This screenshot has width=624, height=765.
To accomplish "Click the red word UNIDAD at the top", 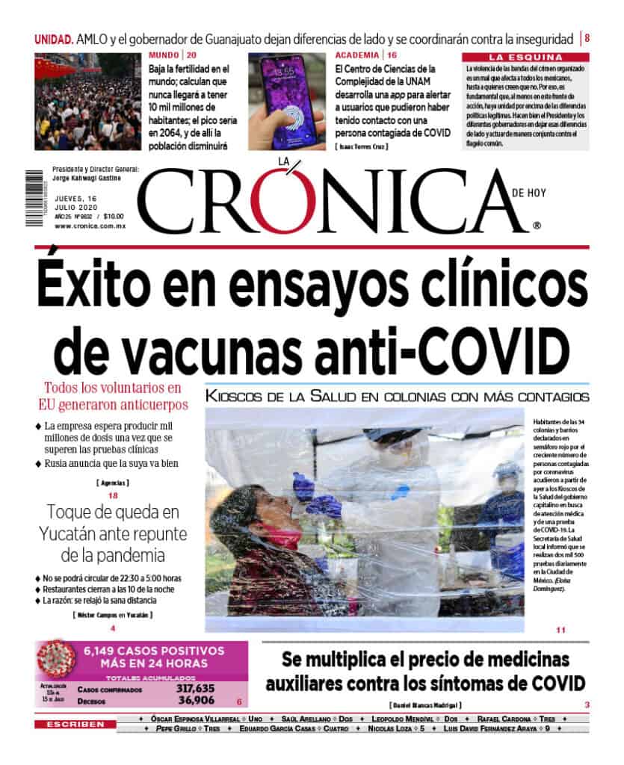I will coord(54,39).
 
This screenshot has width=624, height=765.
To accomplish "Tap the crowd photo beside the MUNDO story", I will coord(87,102).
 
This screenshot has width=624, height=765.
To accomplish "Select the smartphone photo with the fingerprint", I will coord(287,102).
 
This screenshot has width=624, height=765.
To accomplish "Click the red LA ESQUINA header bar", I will coord(525,57).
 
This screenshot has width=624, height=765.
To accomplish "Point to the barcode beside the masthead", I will coord(34,188).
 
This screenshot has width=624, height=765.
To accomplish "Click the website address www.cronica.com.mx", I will coord(90,226).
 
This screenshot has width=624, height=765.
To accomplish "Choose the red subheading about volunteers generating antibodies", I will coord(113,396).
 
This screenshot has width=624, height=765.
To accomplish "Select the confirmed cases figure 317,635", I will coord(195,689).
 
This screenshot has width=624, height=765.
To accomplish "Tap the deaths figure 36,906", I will coord(197,701).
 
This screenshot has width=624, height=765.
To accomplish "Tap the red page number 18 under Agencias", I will coord(113,496).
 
